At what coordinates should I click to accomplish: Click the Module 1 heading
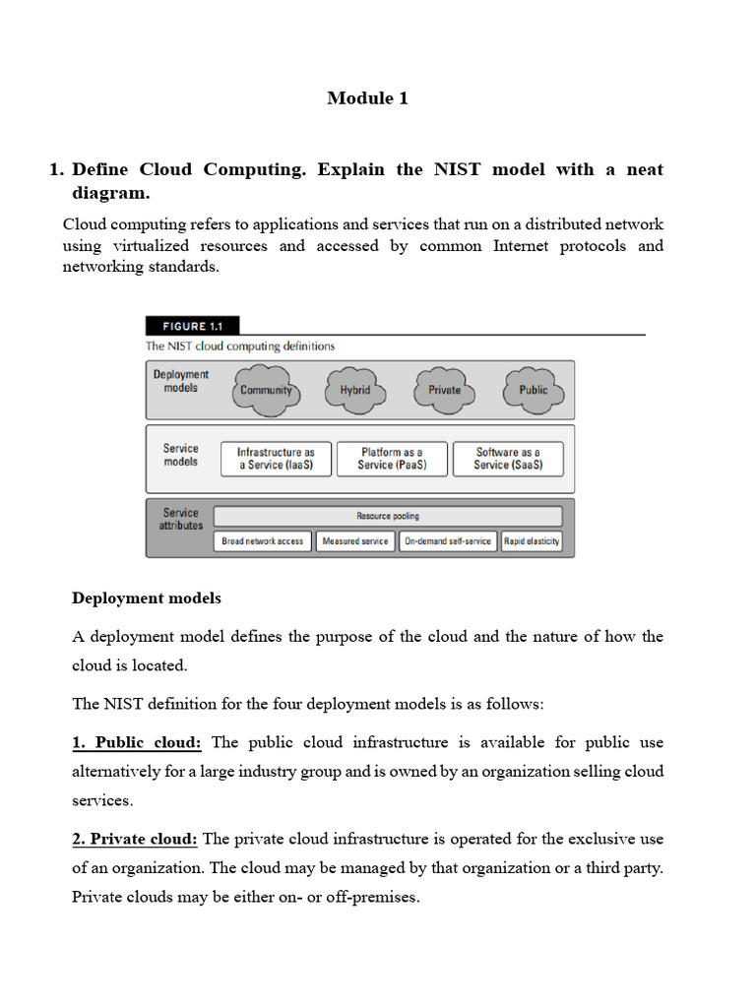(367, 98)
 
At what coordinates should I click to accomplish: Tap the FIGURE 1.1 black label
(192, 326)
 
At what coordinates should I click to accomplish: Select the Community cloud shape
(266, 390)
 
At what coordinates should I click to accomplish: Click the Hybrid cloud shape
(355, 390)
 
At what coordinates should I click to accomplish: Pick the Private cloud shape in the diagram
(444, 390)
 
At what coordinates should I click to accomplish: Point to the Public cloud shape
(533, 390)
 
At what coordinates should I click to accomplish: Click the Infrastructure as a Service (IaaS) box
(276, 459)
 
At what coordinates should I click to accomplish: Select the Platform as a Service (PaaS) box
(392, 459)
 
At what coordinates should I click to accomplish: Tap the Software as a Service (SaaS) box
(508, 459)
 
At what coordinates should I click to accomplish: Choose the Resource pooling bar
(388, 516)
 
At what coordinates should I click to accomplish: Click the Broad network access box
(263, 541)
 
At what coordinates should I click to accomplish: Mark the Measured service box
(355, 541)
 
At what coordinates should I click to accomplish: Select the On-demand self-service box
(448, 541)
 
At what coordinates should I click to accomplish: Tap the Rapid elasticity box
(532, 541)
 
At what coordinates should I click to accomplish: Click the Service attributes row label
(181, 519)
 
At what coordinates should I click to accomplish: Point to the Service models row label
(181, 455)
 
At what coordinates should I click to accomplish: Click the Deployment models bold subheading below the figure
(147, 598)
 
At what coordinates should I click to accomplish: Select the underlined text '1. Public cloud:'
(137, 742)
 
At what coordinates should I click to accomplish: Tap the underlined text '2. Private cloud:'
(135, 839)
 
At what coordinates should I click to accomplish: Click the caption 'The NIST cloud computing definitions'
(240, 346)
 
